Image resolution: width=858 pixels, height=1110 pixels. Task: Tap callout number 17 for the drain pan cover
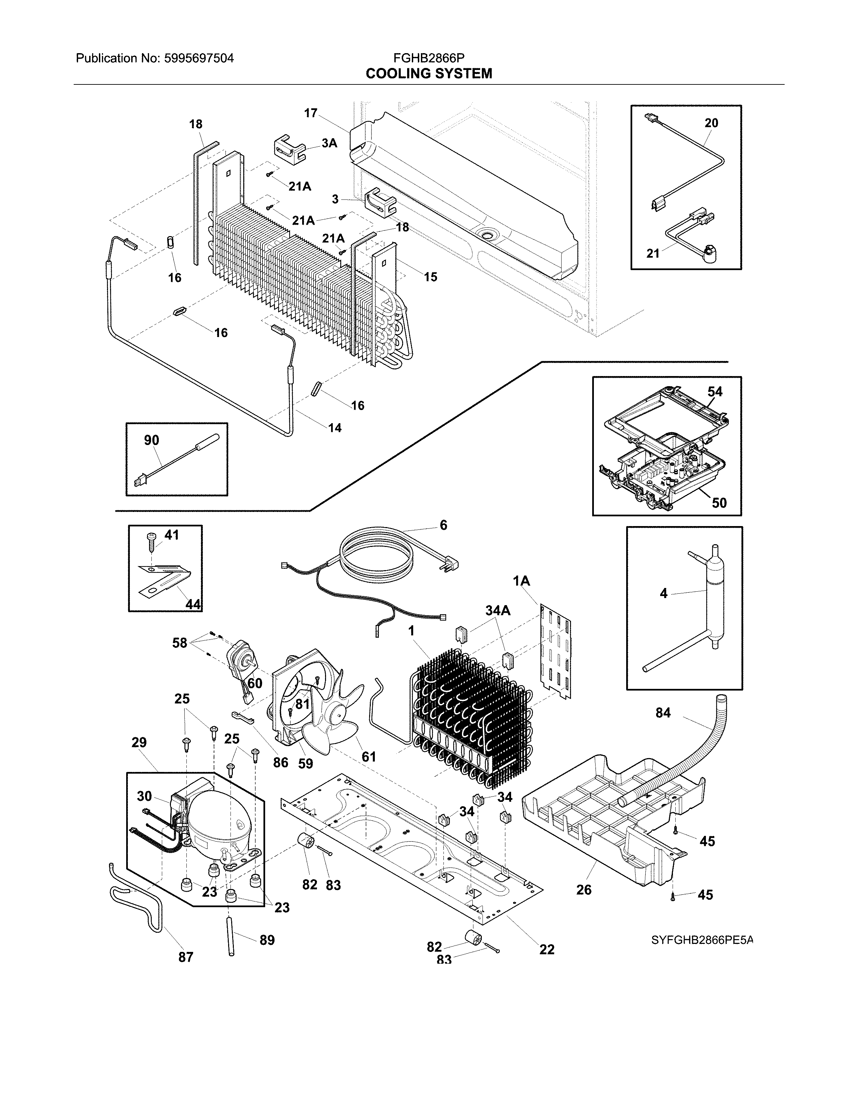click(311, 113)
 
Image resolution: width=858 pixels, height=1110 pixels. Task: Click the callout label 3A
click(329, 143)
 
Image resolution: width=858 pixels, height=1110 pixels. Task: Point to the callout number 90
click(151, 440)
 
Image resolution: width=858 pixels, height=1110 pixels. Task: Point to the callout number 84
click(663, 713)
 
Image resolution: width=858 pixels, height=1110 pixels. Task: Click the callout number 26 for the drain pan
click(583, 889)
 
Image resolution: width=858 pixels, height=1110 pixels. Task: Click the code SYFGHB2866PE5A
click(702, 940)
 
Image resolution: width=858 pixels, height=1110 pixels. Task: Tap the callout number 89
click(267, 940)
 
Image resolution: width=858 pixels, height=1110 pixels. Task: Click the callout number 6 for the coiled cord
click(443, 525)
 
